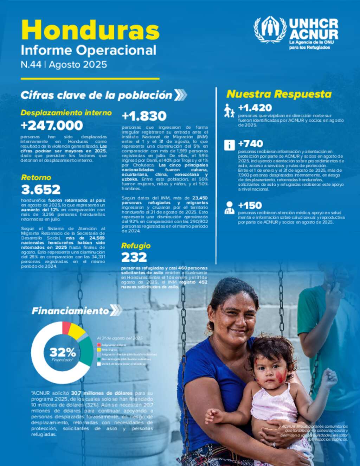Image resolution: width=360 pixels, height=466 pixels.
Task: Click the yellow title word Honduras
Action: pos(90,30)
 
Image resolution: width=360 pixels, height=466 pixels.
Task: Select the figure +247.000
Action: pos(52,125)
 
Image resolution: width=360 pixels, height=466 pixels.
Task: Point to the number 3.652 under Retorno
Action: pos(41,190)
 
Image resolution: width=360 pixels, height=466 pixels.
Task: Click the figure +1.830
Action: pos(144,116)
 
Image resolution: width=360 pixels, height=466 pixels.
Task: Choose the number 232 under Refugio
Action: pos(134,257)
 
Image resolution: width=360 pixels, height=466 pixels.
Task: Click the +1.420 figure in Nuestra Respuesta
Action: pos(255,108)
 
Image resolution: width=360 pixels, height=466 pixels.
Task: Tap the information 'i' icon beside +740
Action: pos(229,145)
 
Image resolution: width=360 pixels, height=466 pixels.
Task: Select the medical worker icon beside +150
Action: pos(229,208)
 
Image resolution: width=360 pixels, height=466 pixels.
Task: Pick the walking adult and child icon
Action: pos(229,110)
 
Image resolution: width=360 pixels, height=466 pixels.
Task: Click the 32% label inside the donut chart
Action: pos(63,352)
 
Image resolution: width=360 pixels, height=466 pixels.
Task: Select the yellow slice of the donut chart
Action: pos(76,331)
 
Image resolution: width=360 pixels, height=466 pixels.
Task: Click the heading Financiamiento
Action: pos(70,311)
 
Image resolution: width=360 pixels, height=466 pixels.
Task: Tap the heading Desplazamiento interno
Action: pos(66,113)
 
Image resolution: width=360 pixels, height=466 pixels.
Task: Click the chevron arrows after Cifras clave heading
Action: pos(180,95)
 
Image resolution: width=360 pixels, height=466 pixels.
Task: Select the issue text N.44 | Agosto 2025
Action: pos(64,65)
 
